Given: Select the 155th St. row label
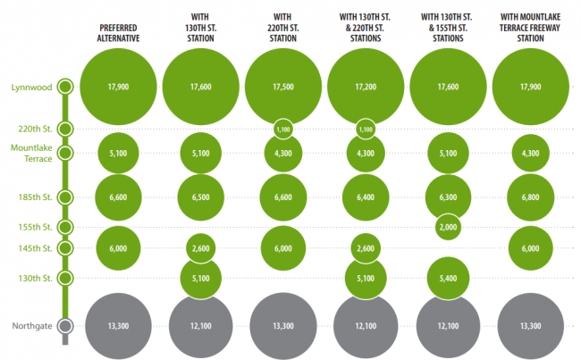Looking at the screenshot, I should [36, 227].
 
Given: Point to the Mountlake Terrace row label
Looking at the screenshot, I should [31, 152].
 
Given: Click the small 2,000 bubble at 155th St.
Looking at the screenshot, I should [449, 228].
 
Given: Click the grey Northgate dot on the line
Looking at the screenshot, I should [64, 326].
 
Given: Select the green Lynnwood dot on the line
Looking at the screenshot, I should [64, 88].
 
